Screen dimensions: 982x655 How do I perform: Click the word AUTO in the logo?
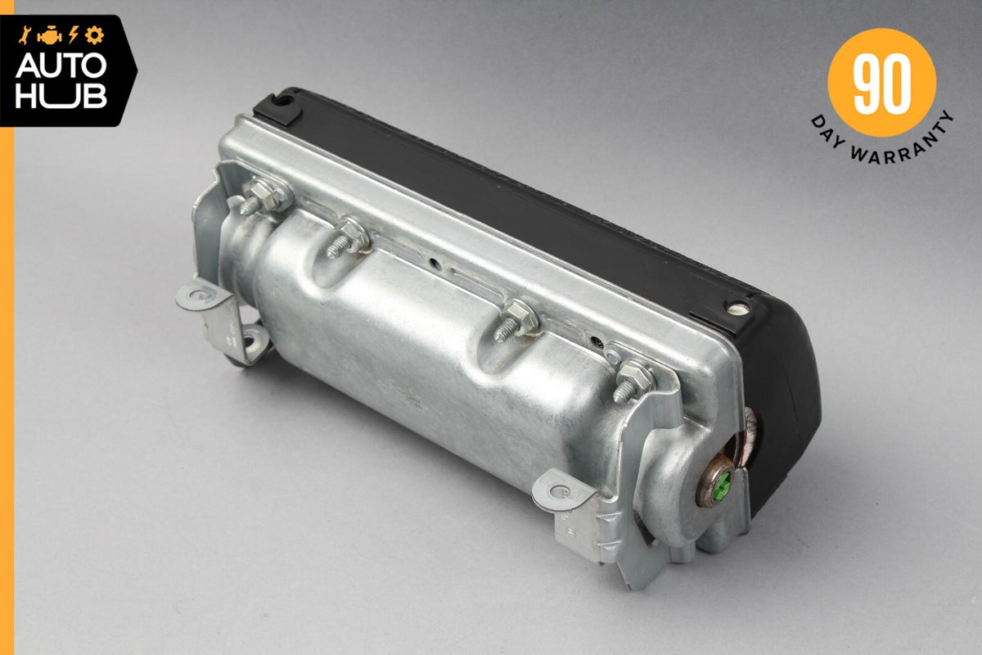click(x=61, y=66)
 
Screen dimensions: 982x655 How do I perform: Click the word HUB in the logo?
click(x=61, y=96)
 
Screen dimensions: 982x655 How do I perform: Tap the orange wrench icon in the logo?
click(x=24, y=35)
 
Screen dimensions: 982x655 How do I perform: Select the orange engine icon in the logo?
click(x=50, y=36)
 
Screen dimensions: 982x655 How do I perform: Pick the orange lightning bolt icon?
click(x=73, y=35)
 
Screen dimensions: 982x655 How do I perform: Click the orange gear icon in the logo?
click(x=94, y=35)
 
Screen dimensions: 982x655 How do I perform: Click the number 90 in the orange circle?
click(x=881, y=84)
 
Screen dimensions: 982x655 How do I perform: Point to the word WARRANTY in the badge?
click(x=904, y=144)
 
